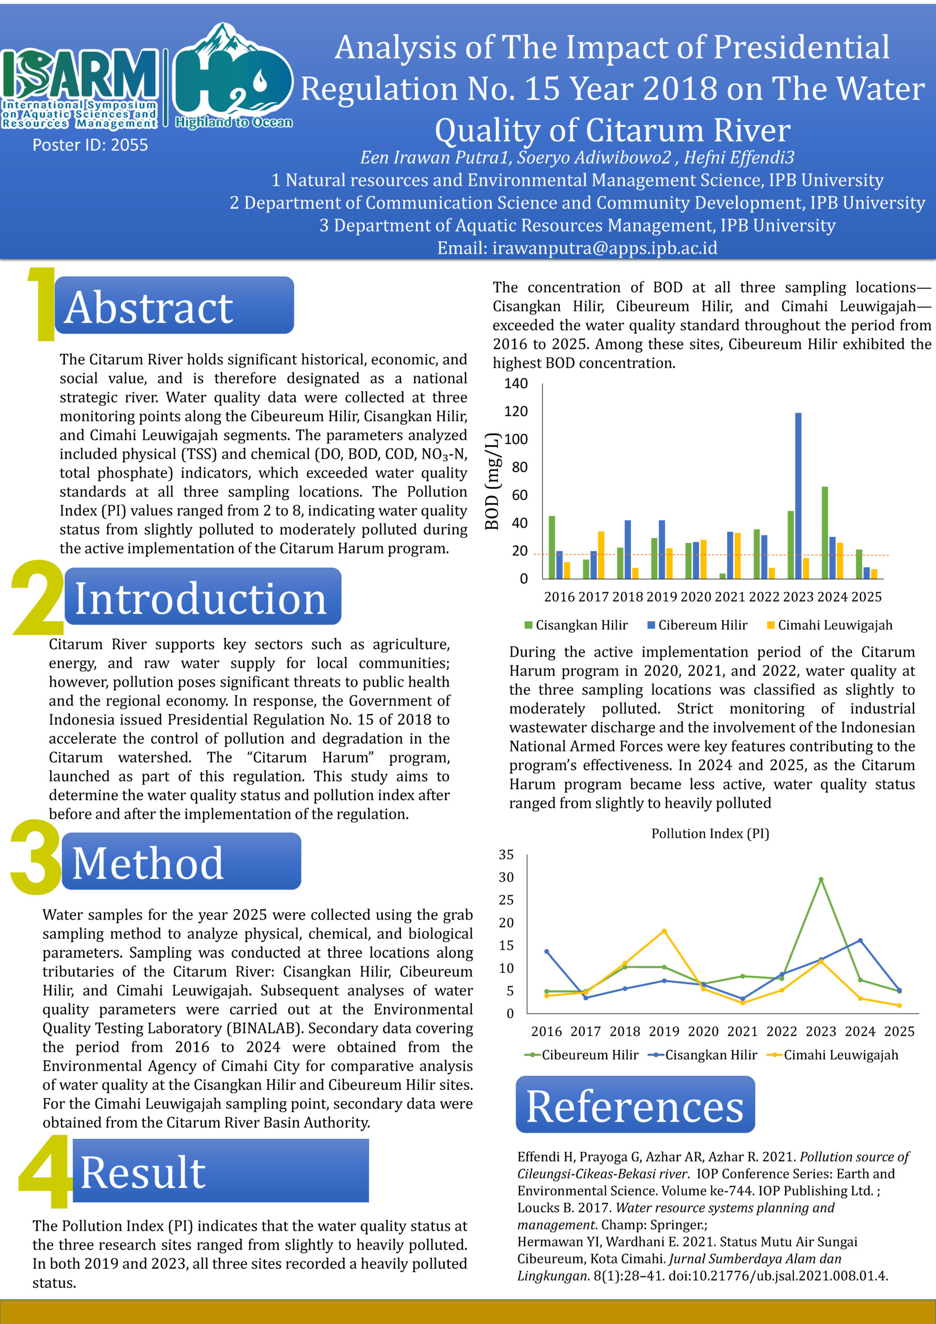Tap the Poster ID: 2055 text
pos(90,145)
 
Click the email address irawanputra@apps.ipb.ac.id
pos(577,248)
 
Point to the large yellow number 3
pos(35,857)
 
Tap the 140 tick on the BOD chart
pos(516,383)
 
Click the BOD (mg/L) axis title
pos(491,481)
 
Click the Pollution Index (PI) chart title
pos(710,833)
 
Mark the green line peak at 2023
pos(821,880)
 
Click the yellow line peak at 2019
pos(664,931)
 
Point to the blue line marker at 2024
pos(860,941)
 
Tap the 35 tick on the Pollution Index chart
pos(506,854)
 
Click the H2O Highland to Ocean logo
pos(233,78)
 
